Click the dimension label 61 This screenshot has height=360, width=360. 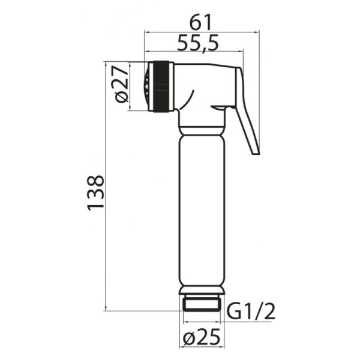coord(200,22)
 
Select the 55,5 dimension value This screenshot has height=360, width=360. coord(198,43)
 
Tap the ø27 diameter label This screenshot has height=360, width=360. coord(121,84)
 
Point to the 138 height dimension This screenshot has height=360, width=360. coord(96,193)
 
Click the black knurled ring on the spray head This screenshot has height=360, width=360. coord(161,86)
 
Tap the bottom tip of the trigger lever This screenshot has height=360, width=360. coord(256,154)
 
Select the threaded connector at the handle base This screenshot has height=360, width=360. coord(202,304)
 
